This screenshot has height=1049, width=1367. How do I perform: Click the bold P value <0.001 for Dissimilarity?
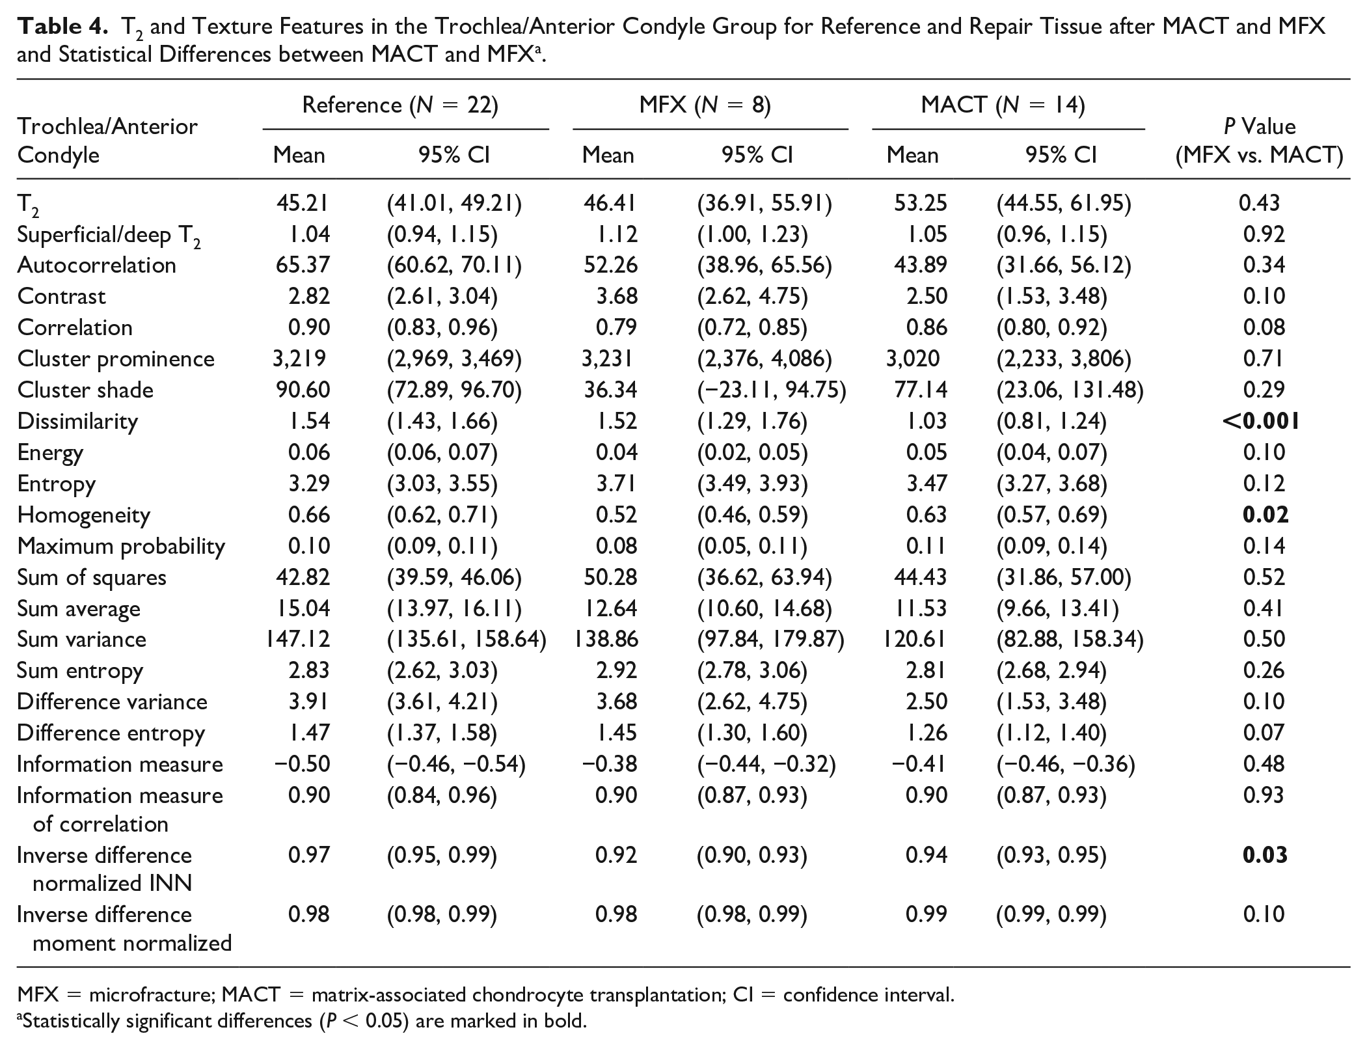(x=1261, y=422)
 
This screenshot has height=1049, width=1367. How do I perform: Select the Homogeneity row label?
(x=84, y=515)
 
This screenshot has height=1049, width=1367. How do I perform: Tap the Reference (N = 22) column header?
(x=400, y=105)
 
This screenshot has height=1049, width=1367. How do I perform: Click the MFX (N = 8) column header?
(x=705, y=105)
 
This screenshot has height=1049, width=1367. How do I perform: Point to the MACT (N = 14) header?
(x=1003, y=105)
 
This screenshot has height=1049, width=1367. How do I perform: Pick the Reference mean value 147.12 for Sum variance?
(x=297, y=640)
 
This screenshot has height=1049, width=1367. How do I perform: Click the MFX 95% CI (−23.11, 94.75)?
(x=772, y=390)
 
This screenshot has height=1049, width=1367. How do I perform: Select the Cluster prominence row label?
(x=116, y=359)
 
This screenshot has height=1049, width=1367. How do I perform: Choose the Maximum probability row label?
(x=121, y=547)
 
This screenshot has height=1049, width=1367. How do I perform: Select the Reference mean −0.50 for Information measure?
(x=302, y=764)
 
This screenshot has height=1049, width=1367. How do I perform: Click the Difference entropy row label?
(x=111, y=733)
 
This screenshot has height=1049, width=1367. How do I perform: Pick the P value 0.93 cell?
(x=1264, y=795)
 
